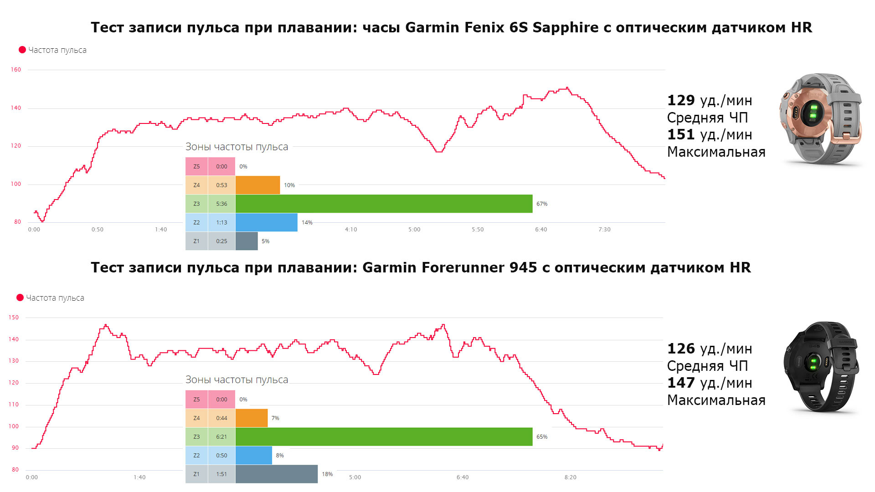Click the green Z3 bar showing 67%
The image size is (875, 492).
click(384, 204)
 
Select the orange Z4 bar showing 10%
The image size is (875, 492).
click(257, 185)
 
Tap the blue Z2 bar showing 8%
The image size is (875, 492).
click(254, 455)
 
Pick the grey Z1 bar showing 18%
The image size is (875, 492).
click(276, 474)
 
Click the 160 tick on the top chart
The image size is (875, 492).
click(16, 70)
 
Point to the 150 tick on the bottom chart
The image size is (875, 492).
click(14, 318)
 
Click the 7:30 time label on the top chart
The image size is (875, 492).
click(604, 230)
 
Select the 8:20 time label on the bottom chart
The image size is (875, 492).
click(570, 477)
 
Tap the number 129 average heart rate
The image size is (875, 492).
click(681, 100)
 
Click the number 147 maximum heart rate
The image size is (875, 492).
click(681, 383)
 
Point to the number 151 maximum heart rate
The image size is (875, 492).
click(681, 134)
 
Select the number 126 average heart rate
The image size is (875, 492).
click(681, 348)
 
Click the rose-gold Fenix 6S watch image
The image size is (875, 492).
click(820, 118)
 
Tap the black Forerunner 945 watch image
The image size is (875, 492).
click(820, 367)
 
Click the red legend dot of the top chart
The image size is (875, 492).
click(22, 50)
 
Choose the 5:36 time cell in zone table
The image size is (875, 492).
click(221, 204)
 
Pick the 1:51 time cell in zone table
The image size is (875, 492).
click(221, 474)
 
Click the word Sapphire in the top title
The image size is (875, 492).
click(566, 28)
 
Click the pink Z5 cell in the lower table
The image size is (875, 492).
click(196, 399)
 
